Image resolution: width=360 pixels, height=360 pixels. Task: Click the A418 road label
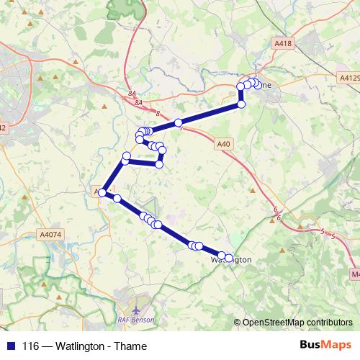[284, 45]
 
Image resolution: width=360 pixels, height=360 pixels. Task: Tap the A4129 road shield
[348, 76]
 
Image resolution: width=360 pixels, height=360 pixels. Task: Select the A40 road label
[224, 144]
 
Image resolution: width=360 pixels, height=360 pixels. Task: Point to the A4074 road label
[51, 234]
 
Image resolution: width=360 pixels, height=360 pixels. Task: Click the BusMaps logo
[325, 346]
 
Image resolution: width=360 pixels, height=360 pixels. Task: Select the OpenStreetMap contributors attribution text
[297, 323]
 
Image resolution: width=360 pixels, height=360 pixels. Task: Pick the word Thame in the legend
[132, 346]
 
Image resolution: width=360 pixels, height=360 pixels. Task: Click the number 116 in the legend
[30, 346]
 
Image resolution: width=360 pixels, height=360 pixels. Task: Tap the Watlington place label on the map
[231, 258]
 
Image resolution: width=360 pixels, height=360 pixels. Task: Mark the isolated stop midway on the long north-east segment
[178, 123]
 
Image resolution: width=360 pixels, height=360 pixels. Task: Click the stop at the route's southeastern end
[229, 258]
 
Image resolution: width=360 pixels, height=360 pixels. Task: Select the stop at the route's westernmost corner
[103, 192]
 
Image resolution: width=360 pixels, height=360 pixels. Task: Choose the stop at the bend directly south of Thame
[241, 104]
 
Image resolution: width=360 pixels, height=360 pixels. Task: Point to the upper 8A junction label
[131, 93]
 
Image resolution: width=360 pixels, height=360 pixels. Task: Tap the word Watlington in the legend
[79, 346]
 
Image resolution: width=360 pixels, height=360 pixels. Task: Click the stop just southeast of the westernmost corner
[116, 199]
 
